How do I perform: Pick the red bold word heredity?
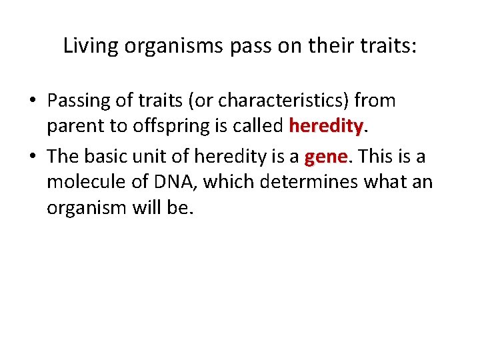(325, 125)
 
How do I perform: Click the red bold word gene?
(326, 157)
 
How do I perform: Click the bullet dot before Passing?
(33, 101)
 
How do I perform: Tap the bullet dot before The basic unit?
(33, 157)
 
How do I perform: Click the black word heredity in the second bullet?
(226, 157)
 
